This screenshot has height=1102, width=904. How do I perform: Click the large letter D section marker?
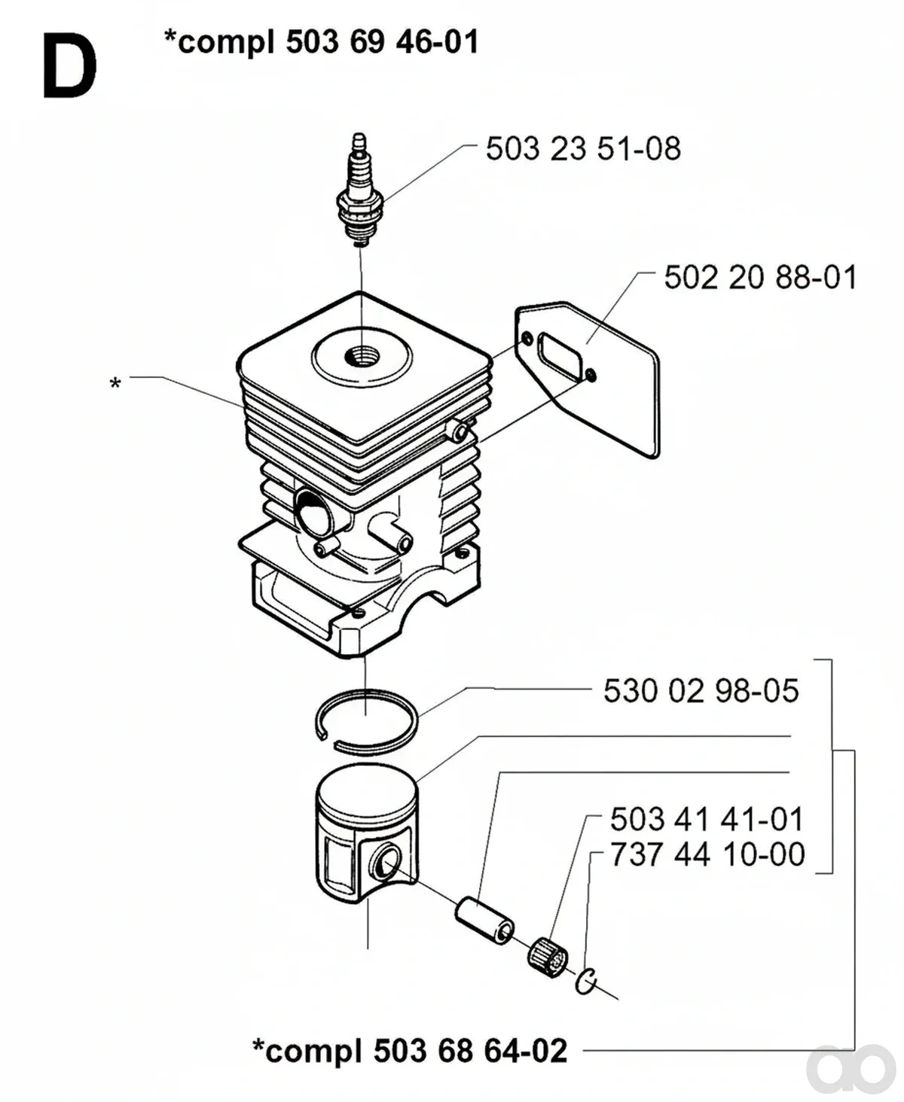(69, 65)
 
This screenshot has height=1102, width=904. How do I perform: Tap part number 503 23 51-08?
(584, 148)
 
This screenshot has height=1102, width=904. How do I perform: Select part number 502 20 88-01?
(761, 278)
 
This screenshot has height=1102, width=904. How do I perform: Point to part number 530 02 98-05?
(701, 691)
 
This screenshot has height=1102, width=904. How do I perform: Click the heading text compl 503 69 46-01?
(321, 42)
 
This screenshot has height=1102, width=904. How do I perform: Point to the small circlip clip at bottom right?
(585, 982)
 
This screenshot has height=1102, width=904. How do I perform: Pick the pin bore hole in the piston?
(387, 862)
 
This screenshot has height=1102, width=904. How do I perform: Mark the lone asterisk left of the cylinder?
(115, 384)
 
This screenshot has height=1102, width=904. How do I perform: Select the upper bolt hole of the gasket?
(527, 340)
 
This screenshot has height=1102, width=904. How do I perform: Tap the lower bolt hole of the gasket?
(591, 375)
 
